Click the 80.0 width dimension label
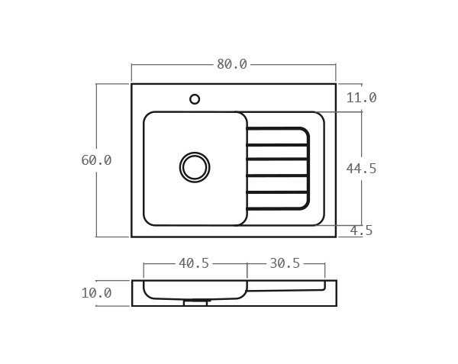[232, 64]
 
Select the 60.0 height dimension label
[96, 160]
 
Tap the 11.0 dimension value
[361, 98]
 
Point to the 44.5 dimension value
[361, 169]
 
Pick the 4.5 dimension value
[361, 230]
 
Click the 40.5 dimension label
[194, 263]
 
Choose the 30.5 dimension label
[285, 263]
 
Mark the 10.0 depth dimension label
[96, 293]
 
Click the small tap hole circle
[195, 99]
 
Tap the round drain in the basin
[195, 167]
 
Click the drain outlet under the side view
[195, 303]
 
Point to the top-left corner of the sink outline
[132, 84]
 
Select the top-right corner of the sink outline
[335, 84]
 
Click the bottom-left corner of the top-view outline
[132, 237]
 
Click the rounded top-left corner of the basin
[148, 116]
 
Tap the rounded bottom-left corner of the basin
[148, 221]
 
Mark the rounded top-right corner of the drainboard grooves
[305, 132]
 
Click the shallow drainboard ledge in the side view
[286, 285]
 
